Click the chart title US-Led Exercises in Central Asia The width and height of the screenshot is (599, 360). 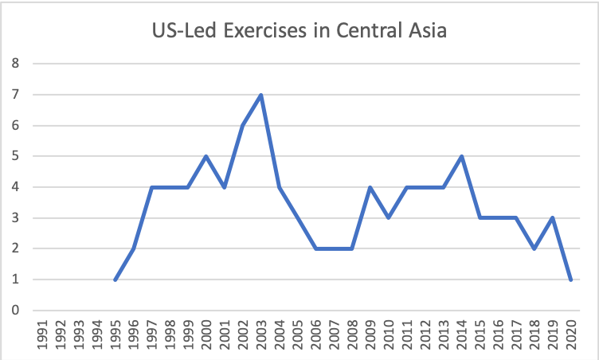pos(299,33)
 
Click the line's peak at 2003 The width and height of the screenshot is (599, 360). pos(261,95)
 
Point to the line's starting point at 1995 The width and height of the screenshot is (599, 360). pos(115,280)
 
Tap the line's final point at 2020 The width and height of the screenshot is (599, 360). pos(571,280)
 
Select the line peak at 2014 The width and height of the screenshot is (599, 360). pos(462,156)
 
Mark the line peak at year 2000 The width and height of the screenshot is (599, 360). pos(207,156)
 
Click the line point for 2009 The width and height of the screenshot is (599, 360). pos(370,187)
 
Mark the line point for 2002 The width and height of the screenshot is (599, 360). pos(243,126)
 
